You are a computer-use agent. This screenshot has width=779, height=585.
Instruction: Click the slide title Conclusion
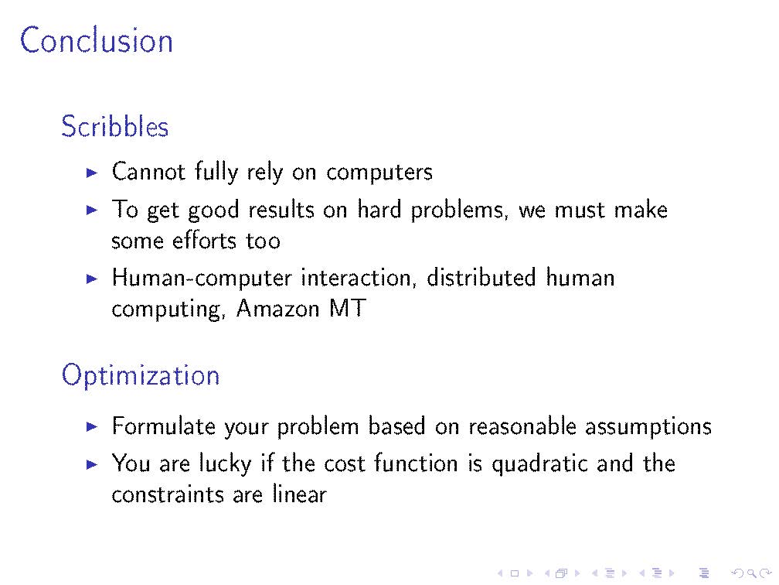97,40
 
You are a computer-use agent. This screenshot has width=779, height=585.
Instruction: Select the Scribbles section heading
114,126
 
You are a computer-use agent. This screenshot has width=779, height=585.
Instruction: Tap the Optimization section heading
141,375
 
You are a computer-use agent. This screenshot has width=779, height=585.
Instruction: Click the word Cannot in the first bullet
148,172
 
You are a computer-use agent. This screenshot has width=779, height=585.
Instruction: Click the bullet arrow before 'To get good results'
92,210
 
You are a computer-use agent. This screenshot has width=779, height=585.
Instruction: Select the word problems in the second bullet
457,210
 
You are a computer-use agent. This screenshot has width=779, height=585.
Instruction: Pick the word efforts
204,241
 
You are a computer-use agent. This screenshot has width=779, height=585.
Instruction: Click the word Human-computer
202,279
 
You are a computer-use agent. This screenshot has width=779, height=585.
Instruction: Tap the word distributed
481,277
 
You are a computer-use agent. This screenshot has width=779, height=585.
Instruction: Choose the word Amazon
277,309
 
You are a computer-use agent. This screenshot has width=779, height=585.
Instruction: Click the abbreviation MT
348,309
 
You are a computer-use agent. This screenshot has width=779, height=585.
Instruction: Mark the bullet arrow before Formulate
92,426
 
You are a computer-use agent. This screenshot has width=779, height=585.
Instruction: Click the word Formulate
164,426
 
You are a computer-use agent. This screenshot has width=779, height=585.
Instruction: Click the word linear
299,494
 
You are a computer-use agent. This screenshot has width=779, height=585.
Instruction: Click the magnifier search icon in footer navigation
752,573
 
